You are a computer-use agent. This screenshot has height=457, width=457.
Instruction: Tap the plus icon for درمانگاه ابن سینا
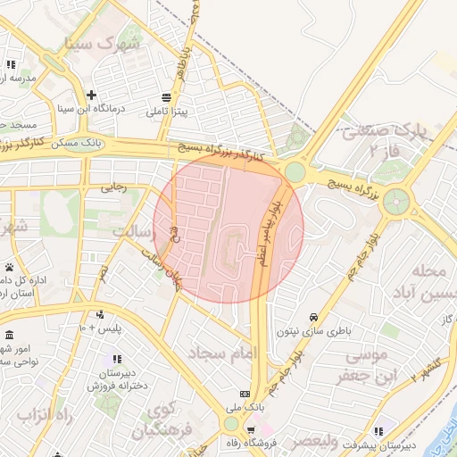coord(91,95)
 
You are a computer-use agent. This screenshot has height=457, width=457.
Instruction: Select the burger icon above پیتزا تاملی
coord(167,97)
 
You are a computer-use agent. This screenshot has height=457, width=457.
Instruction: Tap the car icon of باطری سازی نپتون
coord(314,318)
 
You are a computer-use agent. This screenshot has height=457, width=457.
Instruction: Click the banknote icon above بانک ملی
coord(245,395)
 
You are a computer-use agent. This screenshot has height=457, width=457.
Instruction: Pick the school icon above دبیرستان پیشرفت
coord(378,431)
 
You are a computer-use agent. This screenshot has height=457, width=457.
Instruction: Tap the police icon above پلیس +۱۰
coord(99,314)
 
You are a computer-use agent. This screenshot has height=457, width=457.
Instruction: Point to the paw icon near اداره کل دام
coord(10,267)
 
